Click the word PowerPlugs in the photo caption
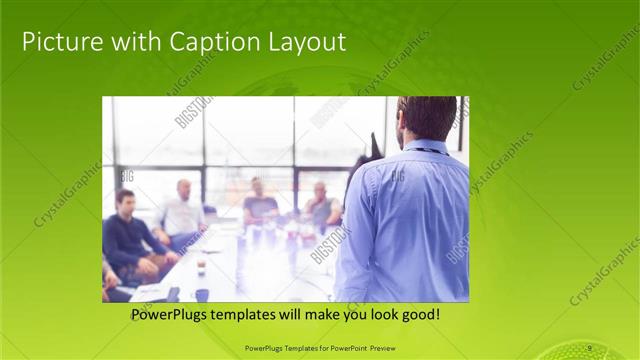173,315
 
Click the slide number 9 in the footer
590,347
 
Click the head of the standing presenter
426,118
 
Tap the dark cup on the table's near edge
202,294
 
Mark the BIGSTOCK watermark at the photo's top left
193,112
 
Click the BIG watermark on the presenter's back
397,176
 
